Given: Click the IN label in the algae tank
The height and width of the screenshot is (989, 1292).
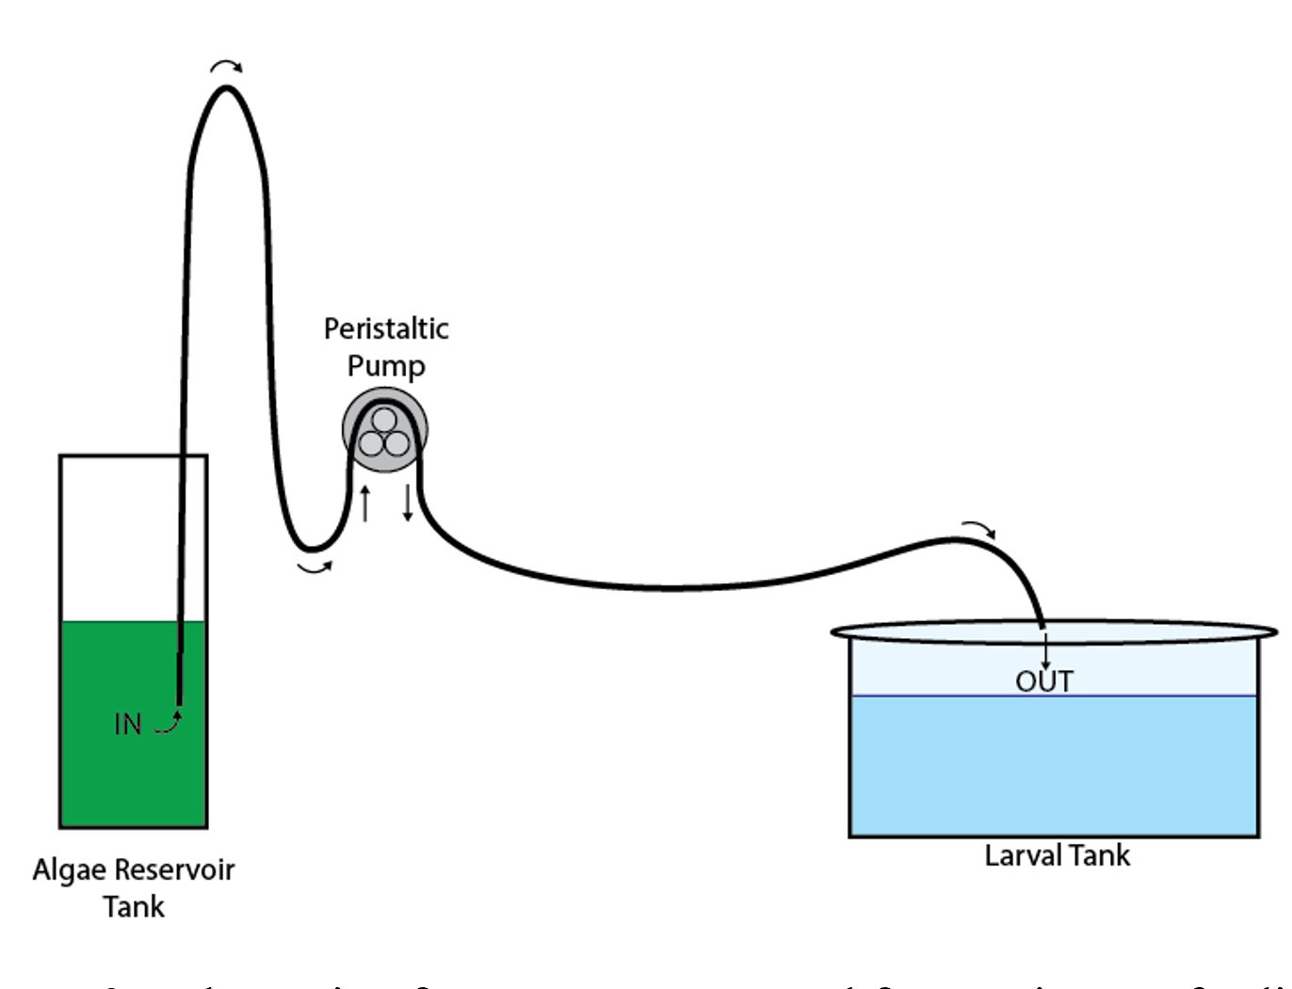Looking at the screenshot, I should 127,724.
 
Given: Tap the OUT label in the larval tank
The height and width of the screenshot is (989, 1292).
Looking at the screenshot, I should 1043,681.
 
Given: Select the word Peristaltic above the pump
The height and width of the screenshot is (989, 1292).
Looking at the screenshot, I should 386,328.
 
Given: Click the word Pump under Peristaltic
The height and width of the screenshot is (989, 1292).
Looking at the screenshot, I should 386,365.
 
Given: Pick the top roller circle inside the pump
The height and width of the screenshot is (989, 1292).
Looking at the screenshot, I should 384,420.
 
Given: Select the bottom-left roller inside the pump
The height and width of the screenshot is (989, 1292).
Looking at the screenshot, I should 373,443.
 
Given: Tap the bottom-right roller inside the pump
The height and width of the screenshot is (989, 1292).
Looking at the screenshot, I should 396,443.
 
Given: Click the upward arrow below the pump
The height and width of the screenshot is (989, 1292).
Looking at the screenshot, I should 365,503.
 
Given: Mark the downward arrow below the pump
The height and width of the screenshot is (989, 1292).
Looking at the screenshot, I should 408,503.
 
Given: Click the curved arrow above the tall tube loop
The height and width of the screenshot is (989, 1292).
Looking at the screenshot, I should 226,66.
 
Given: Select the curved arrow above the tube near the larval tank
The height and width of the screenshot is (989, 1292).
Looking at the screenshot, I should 978,528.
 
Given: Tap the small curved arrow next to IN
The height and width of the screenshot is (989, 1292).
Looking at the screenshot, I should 168,723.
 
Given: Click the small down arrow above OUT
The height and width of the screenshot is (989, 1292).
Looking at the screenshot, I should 1045,652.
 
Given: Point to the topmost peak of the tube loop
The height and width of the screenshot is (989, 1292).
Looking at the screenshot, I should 226,88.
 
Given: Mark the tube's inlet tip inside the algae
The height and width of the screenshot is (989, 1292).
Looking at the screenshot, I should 179,701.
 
